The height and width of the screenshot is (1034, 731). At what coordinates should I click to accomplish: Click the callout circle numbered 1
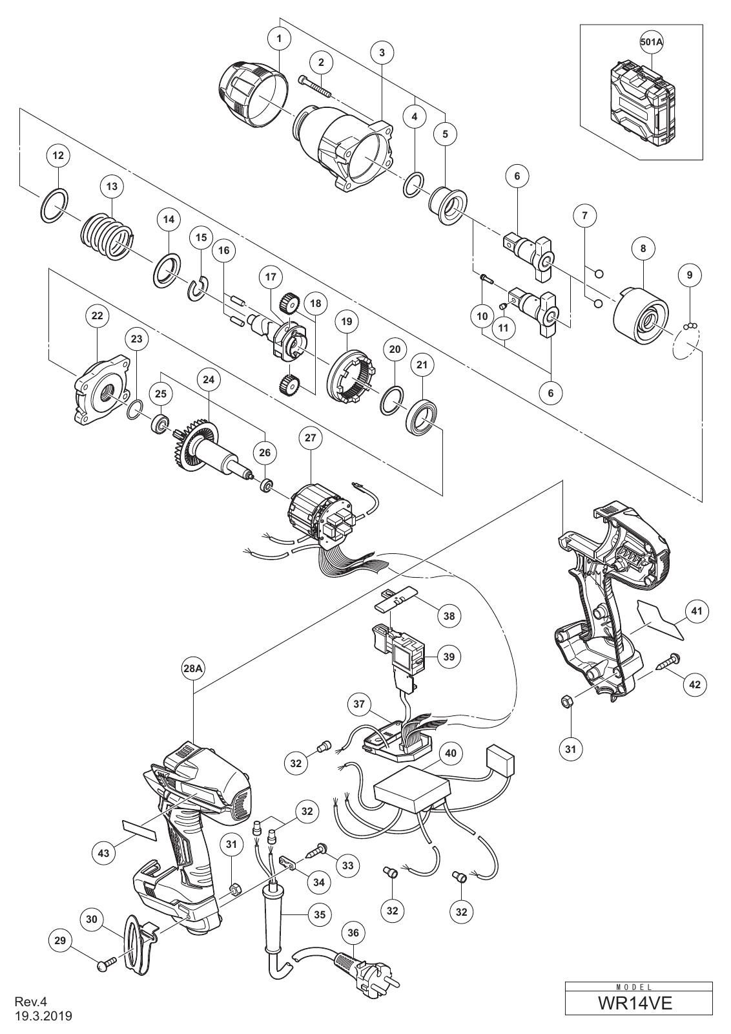click(x=279, y=38)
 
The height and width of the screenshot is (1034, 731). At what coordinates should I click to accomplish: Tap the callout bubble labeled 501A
click(x=652, y=41)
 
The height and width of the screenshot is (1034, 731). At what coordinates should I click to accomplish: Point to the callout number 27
click(x=310, y=437)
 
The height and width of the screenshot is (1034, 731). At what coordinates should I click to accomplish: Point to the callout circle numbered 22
click(x=98, y=316)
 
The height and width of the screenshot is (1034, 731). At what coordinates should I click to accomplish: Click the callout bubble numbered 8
click(x=643, y=248)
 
